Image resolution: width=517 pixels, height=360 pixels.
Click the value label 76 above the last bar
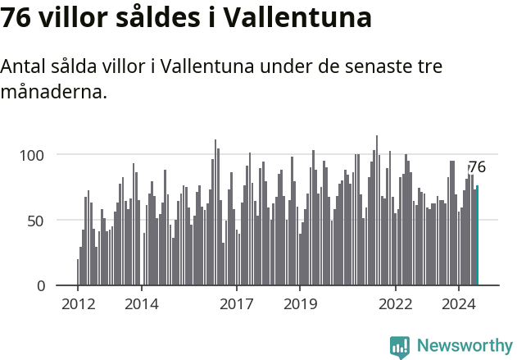(x=477, y=167)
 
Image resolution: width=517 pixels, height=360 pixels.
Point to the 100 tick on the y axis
(x=42, y=155)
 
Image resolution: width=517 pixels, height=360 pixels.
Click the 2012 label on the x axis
(x=78, y=304)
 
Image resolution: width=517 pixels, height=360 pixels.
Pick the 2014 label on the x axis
(x=142, y=304)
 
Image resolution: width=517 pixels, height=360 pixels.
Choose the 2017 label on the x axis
(x=237, y=304)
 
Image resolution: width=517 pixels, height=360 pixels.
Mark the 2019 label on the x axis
(x=300, y=304)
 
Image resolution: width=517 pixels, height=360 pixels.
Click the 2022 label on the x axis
(x=396, y=304)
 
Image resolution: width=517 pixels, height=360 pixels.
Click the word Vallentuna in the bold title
(x=298, y=17)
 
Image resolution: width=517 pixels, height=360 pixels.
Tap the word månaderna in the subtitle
(x=53, y=91)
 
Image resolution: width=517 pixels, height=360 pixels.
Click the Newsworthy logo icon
(x=400, y=347)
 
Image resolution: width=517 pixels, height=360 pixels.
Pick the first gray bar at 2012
(x=78, y=272)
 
